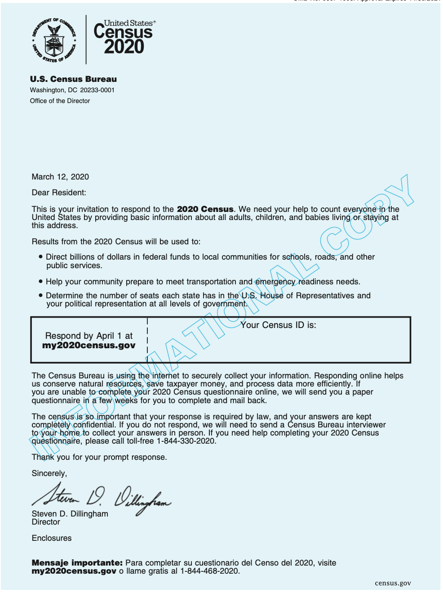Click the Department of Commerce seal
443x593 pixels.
pos(54,40)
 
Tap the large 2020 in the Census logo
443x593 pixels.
pos(124,47)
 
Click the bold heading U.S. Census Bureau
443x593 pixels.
pos(73,79)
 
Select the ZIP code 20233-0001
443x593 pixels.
pos(97,90)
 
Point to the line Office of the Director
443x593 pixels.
pos(60,101)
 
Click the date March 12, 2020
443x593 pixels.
pos(60,177)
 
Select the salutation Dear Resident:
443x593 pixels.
pos(59,193)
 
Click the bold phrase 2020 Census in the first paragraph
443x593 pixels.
pos(205,209)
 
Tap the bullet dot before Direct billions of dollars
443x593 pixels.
pos(41,257)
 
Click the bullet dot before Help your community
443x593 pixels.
pos(41,282)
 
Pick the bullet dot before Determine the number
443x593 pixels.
pos(41,296)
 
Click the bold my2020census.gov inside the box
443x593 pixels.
pos(89,346)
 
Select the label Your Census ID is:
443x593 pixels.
pos(278,325)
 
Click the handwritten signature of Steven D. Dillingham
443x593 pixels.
pos(101,497)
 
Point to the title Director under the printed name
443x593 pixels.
pos(46,522)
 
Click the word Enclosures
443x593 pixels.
pos(52,538)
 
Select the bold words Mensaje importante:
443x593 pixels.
pos(77,563)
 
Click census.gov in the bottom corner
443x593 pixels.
pos(393,583)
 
